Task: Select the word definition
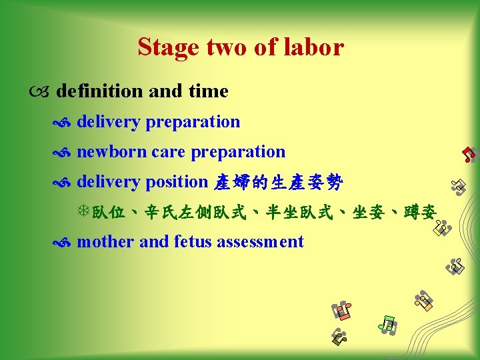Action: pyautogui.click(x=100, y=91)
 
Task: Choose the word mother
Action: pyautogui.click(x=106, y=241)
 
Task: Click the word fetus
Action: pyautogui.click(x=192, y=241)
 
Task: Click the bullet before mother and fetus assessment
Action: pyautogui.click(x=65, y=243)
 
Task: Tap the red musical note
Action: pyautogui.click(x=469, y=154)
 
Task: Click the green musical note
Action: pyautogui.click(x=387, y=325)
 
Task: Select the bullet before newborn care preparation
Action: pyautogui.click(x=65, y=153)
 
